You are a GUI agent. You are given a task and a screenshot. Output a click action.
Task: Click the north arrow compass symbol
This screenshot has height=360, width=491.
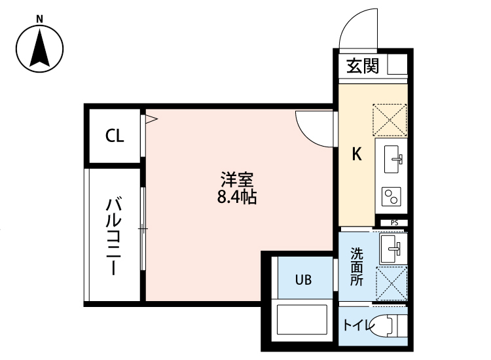click(x=40, y=49)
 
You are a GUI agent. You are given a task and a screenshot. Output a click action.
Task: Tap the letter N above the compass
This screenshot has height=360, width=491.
click(x=40, y=18)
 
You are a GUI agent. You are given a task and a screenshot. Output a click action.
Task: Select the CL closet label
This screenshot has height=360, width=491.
click(x=115, y=136)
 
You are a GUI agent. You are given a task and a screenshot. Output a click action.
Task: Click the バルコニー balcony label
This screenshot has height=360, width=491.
click(x=115, y=235)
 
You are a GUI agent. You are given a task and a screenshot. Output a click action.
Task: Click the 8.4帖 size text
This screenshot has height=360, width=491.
click(x=236, y=196)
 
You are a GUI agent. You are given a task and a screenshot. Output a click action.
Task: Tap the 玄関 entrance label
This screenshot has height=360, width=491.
click(x=362, y=65)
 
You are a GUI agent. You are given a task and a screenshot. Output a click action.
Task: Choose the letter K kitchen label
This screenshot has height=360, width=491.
click(x=357, y=154)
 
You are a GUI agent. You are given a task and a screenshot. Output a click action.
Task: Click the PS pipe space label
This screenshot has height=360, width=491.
click(x=394, y=223)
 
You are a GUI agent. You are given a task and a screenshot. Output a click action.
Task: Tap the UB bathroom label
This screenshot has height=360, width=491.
click(x=302, y=279)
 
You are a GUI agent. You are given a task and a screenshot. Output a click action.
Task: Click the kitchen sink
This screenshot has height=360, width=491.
click(x=391, y=158)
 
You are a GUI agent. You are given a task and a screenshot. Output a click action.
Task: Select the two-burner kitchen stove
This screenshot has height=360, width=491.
click(x=391, y=195)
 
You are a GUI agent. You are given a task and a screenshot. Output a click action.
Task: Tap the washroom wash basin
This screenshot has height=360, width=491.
click(x=392, y=248)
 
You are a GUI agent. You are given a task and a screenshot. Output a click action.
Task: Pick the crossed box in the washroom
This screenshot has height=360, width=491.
click(x=391, y=283)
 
